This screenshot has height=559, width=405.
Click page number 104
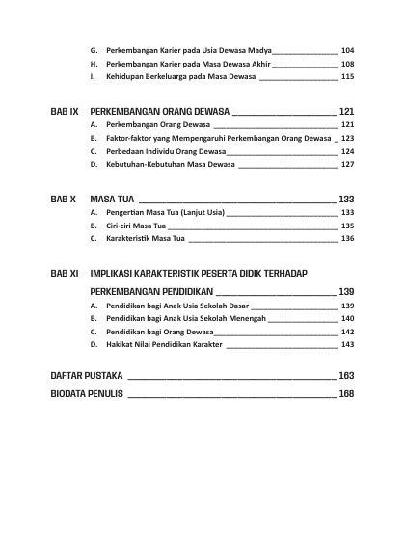347,49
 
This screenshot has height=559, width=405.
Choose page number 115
347,76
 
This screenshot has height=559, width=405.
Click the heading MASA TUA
111,198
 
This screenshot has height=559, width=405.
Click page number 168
347,393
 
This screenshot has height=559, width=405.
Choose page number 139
347,291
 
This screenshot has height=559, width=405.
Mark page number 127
347,165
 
